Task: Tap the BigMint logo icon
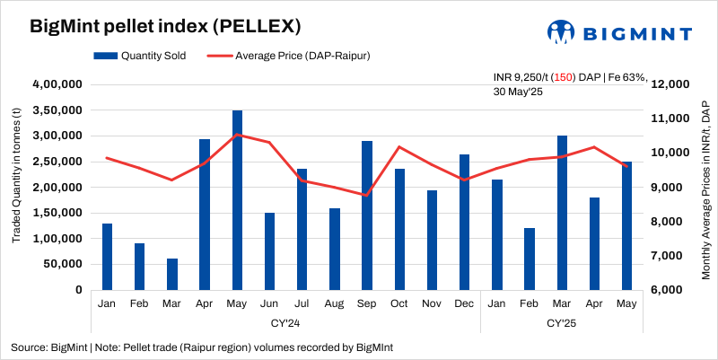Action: tap(562, 31)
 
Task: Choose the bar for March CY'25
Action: tap(562, 213)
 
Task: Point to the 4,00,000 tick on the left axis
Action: tap(57, 84)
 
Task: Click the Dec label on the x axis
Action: tap(464, 304)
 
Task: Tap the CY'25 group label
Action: tap(562, 321)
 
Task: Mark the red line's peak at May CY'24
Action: tap(237, 135)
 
